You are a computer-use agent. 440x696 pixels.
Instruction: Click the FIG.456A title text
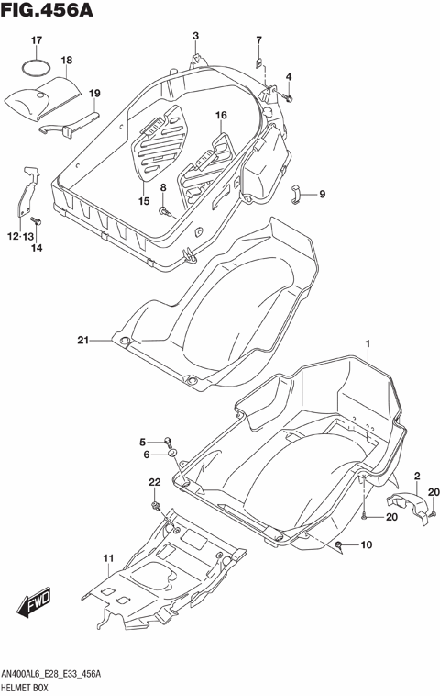[x=45, y=12]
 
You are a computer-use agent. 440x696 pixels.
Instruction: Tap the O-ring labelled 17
[x=37, y=69]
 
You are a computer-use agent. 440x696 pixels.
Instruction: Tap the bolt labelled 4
[x=287, y=95]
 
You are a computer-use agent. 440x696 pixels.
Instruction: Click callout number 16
[x=221, y=115]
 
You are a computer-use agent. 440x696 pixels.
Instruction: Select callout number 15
[x=143, y=200]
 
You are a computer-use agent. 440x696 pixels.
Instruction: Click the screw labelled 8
[x=164, y=212]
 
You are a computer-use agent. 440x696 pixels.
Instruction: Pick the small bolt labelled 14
[x=37, y=221]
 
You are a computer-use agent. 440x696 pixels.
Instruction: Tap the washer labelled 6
[x=171, y=453]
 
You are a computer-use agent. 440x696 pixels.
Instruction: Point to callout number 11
[x=107, y=558]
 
